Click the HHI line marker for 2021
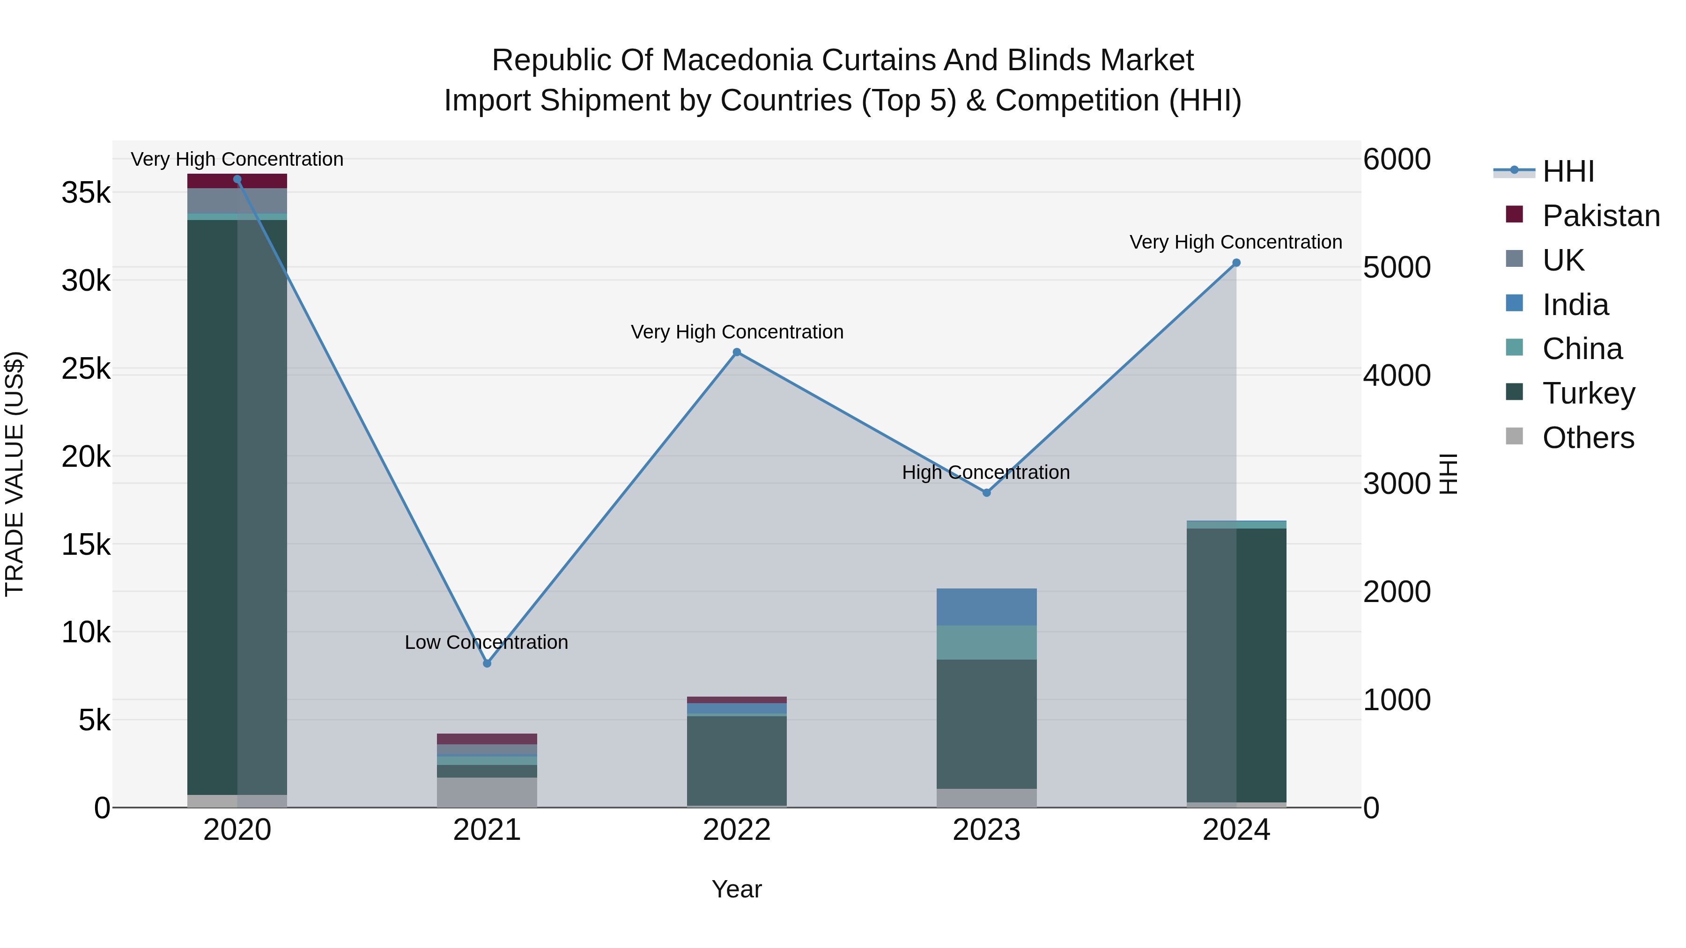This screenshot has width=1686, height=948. [487, 663]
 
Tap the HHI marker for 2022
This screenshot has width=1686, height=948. [737, 353]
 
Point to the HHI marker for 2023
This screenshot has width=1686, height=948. [987, 492]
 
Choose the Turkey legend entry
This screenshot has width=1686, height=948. [1589, 393]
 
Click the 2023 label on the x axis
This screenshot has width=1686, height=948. [986, 830]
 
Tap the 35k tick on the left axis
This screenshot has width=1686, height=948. [86, 193]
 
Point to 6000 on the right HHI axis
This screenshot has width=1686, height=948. [1397, 160]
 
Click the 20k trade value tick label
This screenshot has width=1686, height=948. [86, 456]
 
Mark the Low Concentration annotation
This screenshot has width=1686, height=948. [486, 642]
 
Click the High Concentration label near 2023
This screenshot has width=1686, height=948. [986, 472]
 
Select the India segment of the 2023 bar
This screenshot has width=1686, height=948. [986, 607]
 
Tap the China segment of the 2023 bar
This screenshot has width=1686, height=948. [986, 642]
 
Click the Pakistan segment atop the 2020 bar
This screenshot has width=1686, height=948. [237, 181]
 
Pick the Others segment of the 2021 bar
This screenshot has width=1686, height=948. [487, 792]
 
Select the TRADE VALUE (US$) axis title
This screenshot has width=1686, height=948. [15, 474]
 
